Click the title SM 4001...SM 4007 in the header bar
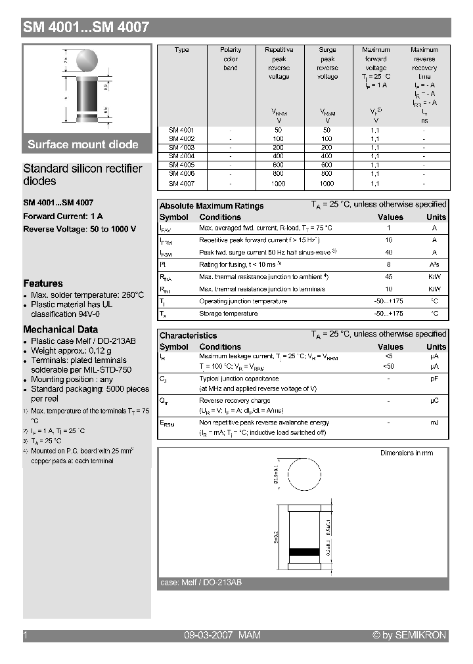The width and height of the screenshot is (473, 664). click(x=86, y=28)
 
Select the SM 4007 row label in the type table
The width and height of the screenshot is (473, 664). click(x=181, y=184)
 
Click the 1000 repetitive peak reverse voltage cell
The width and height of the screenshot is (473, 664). click(x=279, y=184)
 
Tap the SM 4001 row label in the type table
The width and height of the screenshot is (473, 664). click(x=181, y=130)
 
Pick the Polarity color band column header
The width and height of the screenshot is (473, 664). click(x=231, y=59)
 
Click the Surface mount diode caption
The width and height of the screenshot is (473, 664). click(x=83, y=144)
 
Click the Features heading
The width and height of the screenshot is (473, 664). click(x=43, y=283)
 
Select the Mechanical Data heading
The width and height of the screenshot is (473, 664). click(x=60, y=329)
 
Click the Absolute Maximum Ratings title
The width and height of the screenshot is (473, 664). click(x=212, y=206)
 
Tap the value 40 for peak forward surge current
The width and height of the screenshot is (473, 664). click(x=389, y=253)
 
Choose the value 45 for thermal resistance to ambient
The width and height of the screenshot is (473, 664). click(x=389, y=277)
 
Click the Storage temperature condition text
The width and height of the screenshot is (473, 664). click(x=228, y=314)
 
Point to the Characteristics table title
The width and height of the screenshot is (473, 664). click(x=188, y=335)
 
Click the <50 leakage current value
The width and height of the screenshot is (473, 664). click(x=389, y=366)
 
